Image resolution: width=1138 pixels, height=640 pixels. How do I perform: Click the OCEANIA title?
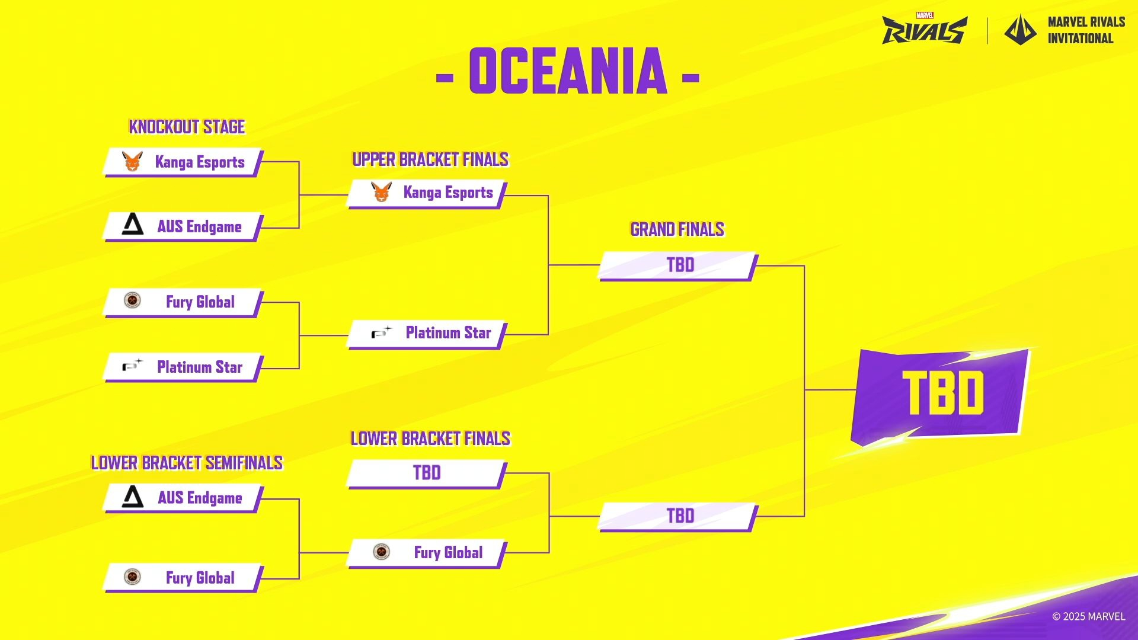tap(568, 71)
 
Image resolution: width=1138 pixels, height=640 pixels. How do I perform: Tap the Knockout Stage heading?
tap(187, 127)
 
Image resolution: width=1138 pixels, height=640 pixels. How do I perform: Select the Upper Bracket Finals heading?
tap(430, 159)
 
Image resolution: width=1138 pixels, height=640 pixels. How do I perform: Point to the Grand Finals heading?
tap(677, 229)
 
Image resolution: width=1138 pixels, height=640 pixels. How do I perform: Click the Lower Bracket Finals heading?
tap(430, 439)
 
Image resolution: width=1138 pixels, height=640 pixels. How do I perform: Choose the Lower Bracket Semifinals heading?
tap(187, 463)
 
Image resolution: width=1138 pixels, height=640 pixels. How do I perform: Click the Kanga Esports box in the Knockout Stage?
tap(183, 162)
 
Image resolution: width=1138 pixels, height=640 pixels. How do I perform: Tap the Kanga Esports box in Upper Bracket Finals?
tap(427, 193)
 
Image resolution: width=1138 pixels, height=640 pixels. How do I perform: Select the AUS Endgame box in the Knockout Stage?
tap(183, 227)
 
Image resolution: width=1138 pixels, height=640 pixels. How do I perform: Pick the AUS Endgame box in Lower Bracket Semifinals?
tap(183, 498)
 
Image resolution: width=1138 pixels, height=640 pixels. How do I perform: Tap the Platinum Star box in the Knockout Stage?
tap(183, 367)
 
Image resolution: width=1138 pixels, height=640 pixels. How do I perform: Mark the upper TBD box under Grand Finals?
tap(678, 266)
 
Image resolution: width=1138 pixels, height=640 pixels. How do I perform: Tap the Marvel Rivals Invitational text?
tap(1086, 30)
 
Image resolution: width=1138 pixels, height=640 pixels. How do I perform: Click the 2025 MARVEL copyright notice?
tap(1088, 616)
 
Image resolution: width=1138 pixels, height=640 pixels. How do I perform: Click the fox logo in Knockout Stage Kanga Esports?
tap(132, 161)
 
